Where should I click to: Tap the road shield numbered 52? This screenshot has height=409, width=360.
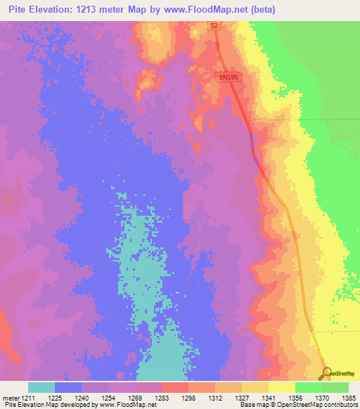[x=213, y=25]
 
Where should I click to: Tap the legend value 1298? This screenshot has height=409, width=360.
[x=188, y=398]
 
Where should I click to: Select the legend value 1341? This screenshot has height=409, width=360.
[x=268, y=398]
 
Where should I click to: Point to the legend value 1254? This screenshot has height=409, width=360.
[x=108, y=398]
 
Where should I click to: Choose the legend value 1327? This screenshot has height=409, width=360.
[x=241, y=398]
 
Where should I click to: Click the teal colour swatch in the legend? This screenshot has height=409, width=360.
[x=41, y=387]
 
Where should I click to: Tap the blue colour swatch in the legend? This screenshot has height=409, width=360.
[x=68, y=387]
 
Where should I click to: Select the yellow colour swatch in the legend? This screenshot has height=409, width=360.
[x=281, y=387]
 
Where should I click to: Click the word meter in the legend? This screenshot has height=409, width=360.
[x=10, y=398]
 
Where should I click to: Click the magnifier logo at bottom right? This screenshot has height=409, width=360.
[x=326, y=372]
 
